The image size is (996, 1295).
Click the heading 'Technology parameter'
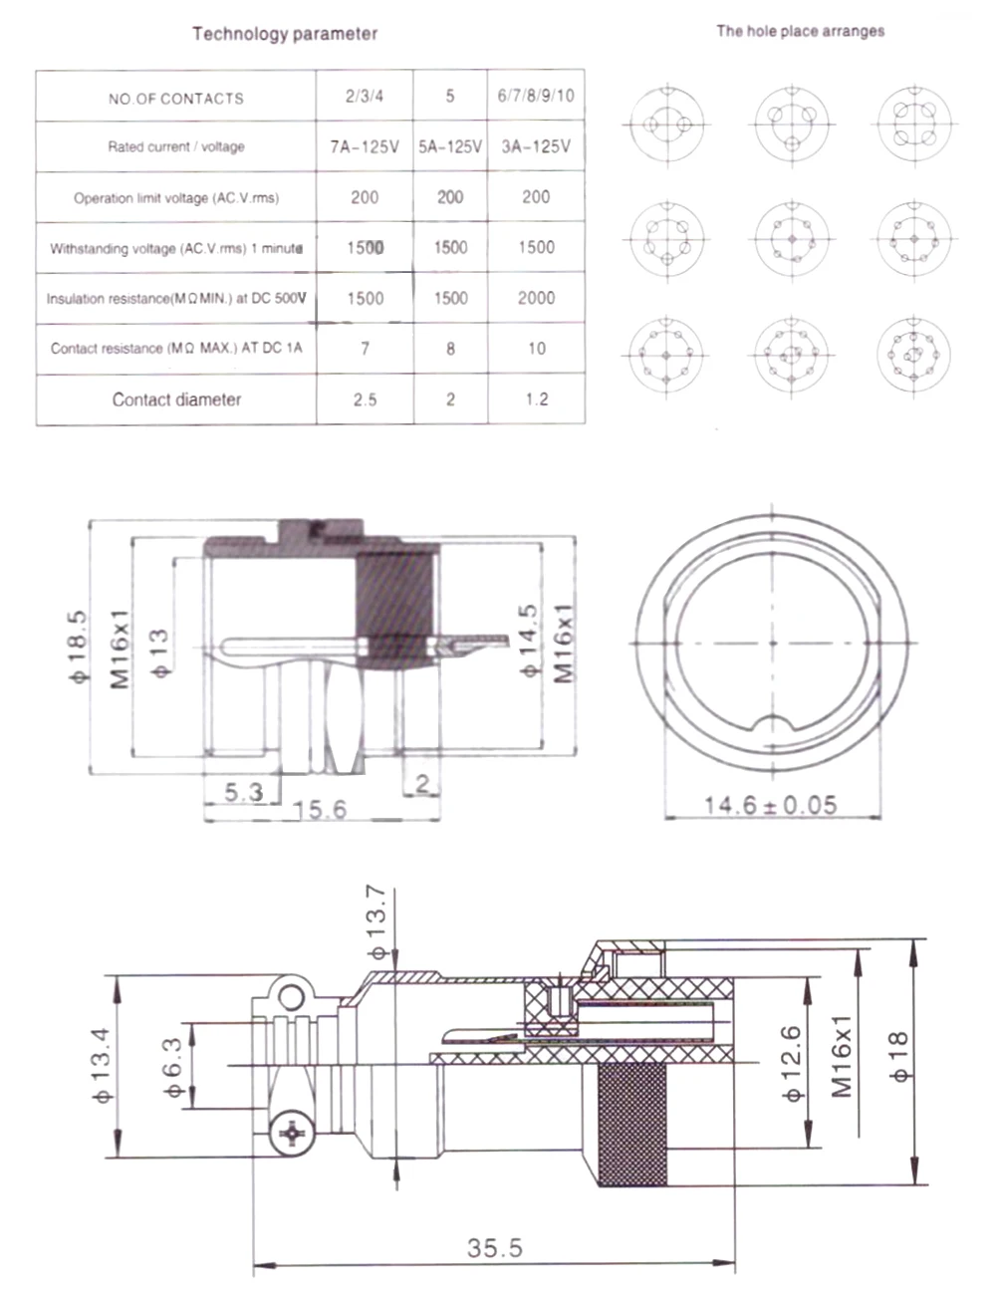pyautogui.click(x=285, y=34)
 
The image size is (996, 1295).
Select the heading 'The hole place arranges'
pyautogui.click(x=800, y=31)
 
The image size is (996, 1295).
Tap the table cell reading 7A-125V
pyautogui.click(x=365, y=146)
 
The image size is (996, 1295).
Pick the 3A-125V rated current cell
pyautogui.click(x=536, y=146)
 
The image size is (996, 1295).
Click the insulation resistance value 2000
pyautogui.click(x=536, y=297)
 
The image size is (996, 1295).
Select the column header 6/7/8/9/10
pyautogui.click(x=536, y=96)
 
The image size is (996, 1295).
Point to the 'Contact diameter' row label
pyautogui.click(x=176, y=399)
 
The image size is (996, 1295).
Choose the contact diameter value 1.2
pyautogui.click(x=536, y=399)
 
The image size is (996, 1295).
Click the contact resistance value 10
pyautogui.click(x=536, y=348)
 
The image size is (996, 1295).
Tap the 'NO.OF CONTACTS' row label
pyautogui.click(x=176, y=98)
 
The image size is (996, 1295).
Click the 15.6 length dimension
pyautogui.click(x=321, y=809)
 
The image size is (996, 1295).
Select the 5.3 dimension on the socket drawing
pyautogui.click(x=243, y=791)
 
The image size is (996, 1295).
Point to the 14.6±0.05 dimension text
pyautogui.click(x=771, y=804)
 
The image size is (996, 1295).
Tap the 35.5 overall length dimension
pyautogui.click(x=494, y=1246)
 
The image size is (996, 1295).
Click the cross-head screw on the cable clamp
pyautogui.click(x=293, y=1133)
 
